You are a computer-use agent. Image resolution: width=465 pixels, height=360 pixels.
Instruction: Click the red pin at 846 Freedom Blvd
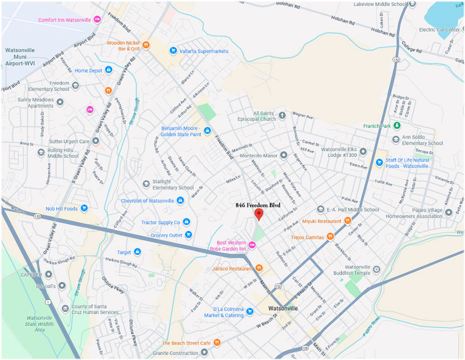point(259,214)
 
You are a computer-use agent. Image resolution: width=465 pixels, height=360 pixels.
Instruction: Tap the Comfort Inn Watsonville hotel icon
point(98,19)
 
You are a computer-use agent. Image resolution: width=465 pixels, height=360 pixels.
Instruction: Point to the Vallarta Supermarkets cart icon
point(173,51)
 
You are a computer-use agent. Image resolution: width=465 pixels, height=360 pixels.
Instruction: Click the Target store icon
point(138,252)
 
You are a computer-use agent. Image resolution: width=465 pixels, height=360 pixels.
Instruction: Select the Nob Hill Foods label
point(62,208)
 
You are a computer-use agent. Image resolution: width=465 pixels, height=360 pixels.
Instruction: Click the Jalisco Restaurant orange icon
point(259,268)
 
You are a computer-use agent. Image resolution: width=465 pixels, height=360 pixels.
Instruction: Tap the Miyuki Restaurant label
point(320,220)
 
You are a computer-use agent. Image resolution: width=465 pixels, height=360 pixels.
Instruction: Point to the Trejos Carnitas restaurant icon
point(330,236)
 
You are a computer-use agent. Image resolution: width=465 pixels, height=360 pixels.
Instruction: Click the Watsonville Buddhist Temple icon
point(377,268)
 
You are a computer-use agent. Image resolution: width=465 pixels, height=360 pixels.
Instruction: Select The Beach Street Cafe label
point(186,343)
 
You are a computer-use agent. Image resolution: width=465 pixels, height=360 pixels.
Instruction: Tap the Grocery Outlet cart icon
point(189,234)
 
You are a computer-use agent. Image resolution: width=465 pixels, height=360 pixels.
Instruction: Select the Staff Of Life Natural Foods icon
point(379,162)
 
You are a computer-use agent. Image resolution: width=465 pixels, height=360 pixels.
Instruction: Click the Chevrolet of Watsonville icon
point(180,201)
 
